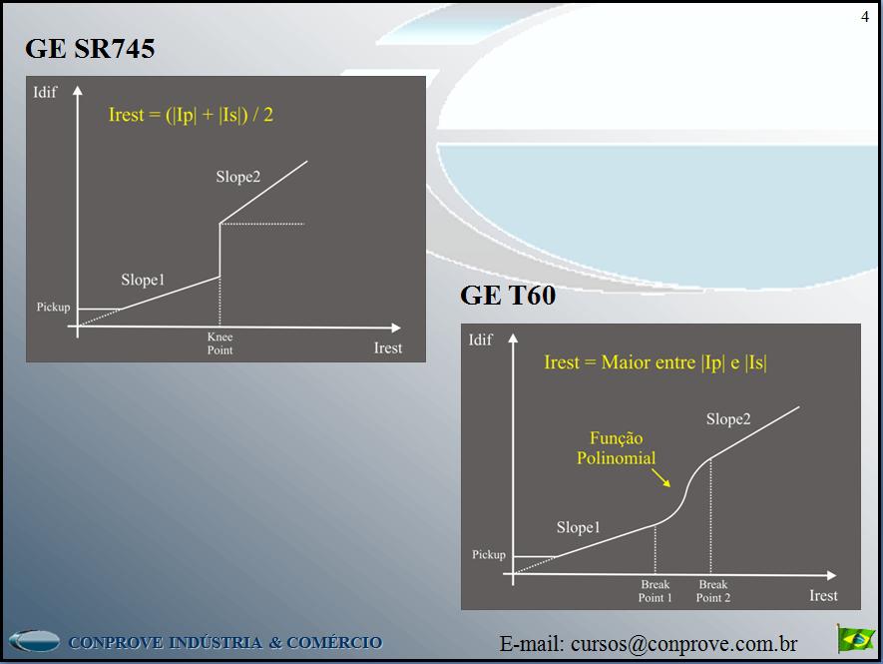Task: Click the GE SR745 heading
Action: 90,48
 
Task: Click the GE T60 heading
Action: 507,296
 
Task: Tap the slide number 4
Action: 864,16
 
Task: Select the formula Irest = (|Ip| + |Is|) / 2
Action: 191,115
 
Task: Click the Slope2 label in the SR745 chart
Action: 237,177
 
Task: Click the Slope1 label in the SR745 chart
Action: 143,280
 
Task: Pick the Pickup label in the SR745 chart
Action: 54,307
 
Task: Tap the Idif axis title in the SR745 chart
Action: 45,93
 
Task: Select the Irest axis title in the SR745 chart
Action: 387,347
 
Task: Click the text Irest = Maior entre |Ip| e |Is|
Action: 655,362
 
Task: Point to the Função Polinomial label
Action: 616,448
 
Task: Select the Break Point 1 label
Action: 656,591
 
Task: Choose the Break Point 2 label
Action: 712,591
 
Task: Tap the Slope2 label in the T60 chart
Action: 727,419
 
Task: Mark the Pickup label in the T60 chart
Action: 489,554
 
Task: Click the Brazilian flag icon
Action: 855,638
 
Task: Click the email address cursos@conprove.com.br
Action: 649,644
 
